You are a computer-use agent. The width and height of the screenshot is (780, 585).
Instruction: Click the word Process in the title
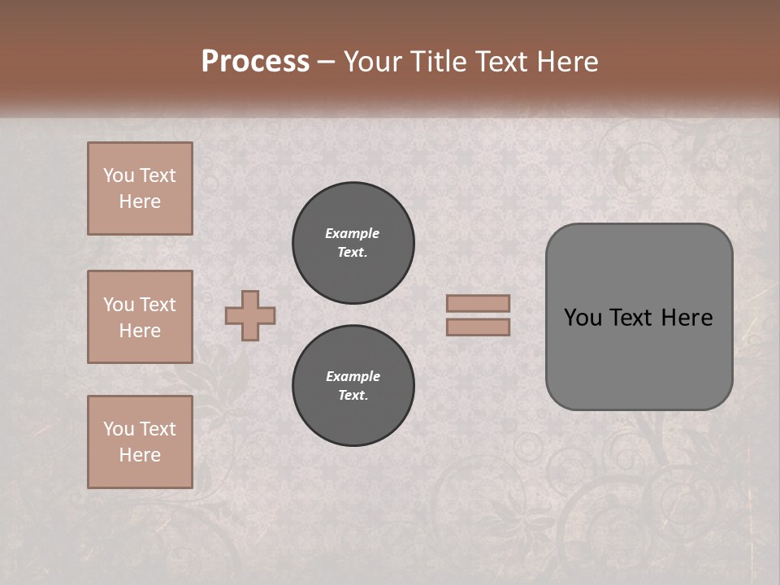pos(255,62)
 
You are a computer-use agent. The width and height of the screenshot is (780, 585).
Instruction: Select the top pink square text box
pos(140,188)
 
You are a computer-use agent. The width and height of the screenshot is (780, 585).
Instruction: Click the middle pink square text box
pos(140,317)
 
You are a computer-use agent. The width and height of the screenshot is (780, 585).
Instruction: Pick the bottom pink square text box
pos(140,442)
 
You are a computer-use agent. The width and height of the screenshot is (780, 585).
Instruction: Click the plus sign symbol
pos(250,315)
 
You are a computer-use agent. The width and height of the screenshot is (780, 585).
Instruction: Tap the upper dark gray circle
pos(353,243)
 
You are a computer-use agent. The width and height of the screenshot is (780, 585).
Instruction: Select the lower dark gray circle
pos(353,386)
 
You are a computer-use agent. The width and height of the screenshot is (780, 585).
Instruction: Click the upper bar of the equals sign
pos(478,303)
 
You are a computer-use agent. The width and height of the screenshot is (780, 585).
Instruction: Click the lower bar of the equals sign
pos(478,327)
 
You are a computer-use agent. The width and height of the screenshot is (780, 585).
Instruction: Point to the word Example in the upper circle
pos(353,234)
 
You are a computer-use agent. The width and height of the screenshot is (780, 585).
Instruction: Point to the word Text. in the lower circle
pos(353,396)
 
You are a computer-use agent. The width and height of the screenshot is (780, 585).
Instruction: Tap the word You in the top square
pos(119,175)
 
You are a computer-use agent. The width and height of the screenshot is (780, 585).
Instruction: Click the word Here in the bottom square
pos(140,455)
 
